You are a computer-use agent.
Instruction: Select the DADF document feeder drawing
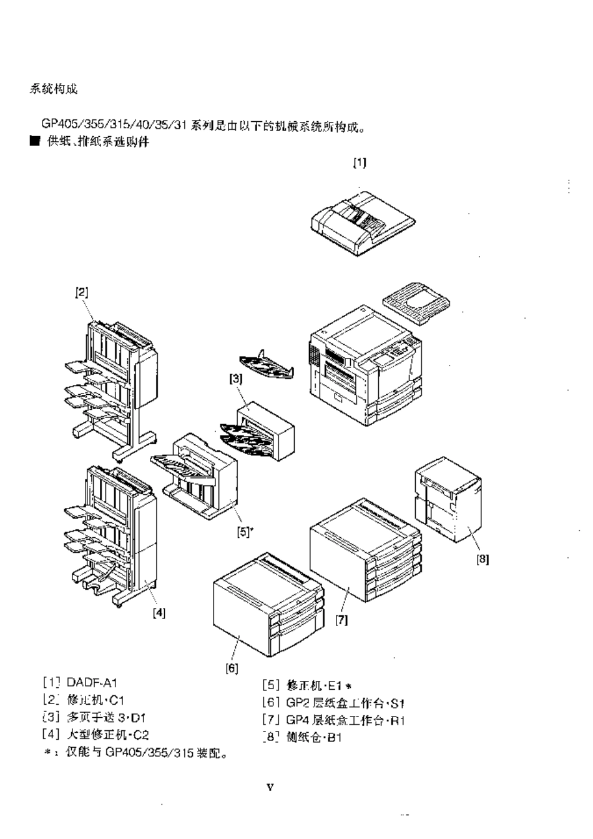[x=362, y=222]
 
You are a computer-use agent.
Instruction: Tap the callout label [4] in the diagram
[x=159, y=613]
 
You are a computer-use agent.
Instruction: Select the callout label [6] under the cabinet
[x=232, y=668]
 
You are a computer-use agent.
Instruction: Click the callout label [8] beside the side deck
[x=483, y=560]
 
